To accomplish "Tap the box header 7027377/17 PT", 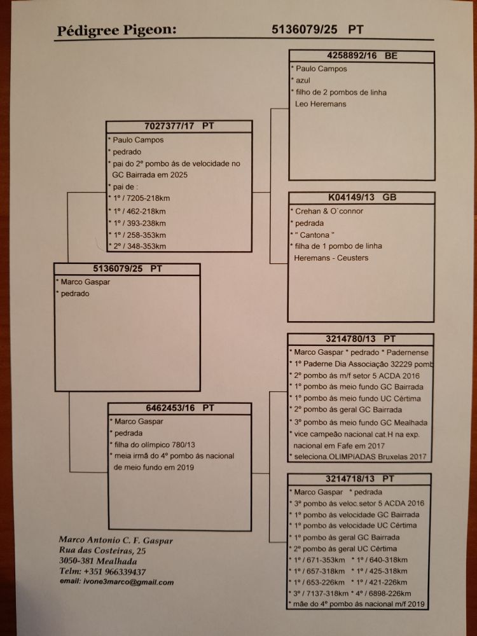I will click(178, 126).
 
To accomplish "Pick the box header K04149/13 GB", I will click(362, 198).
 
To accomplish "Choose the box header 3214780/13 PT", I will click(361, 340).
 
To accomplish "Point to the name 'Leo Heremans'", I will click(321, 104).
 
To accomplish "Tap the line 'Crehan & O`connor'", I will click(328, 211).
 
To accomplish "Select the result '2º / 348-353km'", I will click(140, 246).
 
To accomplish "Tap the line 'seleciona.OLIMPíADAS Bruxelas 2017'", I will click(359, 457).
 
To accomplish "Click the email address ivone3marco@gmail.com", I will click(116, 582).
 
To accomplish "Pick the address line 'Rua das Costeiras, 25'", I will click(102, 551).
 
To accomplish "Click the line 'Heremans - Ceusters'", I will click(331, 258).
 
